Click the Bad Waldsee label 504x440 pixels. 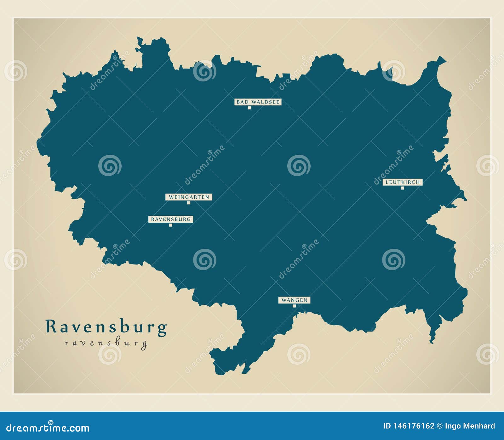tap(258, 102)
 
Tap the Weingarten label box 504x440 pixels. tap(189, 197)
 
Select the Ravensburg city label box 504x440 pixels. tap(171, 219)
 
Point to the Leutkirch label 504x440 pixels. tap(402, 182)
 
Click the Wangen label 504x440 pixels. tap(294, 300)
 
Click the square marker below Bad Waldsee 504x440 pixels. tap(249, 108)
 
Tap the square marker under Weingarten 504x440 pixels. tap(189, 203)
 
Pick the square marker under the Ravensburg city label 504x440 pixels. tap(170, 225)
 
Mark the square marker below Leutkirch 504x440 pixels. tap(402, 188)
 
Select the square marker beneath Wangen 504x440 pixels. tap(294, 306)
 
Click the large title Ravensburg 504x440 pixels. tap(106, 327)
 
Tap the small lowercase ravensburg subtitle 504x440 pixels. tap(106, 343)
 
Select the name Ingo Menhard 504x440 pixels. tap(470, 426)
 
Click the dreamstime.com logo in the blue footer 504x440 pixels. tap(48, 427)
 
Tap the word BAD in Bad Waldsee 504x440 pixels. tap(243, 102)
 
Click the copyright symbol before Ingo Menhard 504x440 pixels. tap(439, 426)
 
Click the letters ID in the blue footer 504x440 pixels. tap(387, 426)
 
